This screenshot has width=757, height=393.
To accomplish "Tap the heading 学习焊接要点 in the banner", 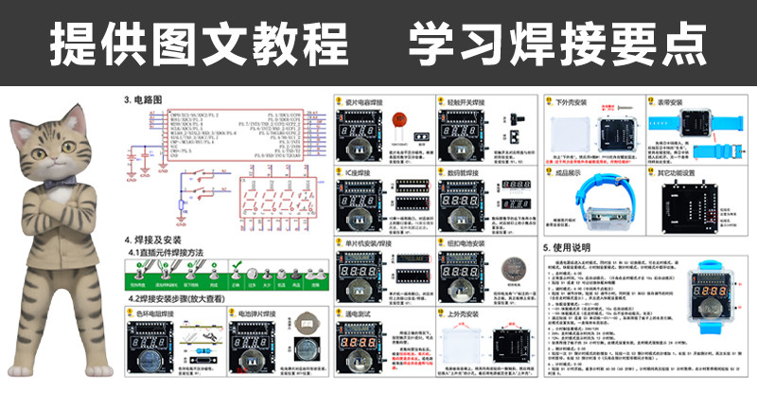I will (x=558, y=44).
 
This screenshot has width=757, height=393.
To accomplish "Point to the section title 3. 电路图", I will (x=144, y=98).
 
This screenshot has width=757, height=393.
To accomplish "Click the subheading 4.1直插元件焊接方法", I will (x=180, y=254).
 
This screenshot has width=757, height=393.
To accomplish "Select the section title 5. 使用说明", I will (x=573, y=247).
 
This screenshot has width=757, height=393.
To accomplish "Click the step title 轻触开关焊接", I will (x=468, y=99).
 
